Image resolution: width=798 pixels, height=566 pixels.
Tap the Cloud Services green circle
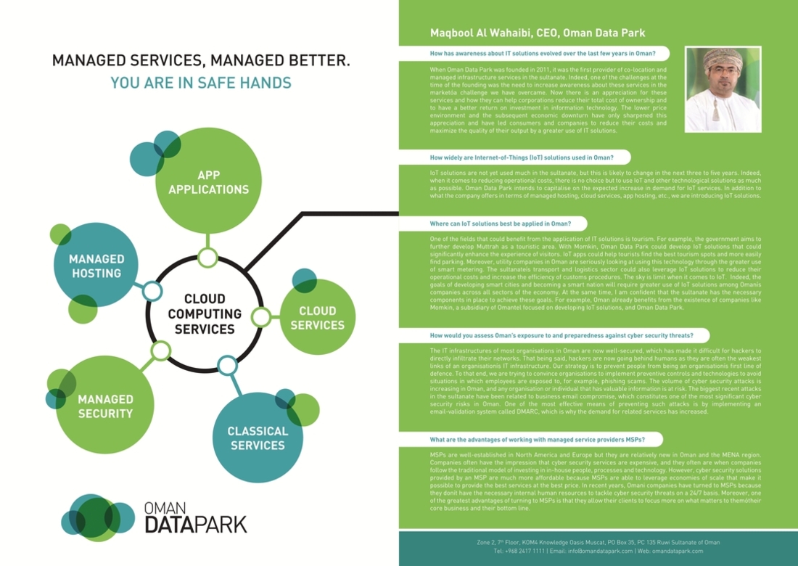(318, 318)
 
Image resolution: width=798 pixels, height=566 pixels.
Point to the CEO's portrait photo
(723, 89)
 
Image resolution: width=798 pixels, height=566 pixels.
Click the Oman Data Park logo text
(196, 516)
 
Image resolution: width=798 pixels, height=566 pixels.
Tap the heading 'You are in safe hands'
(201, 83)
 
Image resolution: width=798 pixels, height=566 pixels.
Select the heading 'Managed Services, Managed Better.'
(201, 60)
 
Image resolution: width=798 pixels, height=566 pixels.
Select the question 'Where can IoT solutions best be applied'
(500, 223)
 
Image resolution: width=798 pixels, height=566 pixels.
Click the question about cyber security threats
(562, 336)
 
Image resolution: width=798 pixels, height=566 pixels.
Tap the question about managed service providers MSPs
(537, 440)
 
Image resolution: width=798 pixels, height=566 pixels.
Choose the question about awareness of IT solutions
(543, 54)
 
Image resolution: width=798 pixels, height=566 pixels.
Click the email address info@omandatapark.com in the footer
(594, 551)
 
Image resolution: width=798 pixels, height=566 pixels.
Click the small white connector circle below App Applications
(208, 257)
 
